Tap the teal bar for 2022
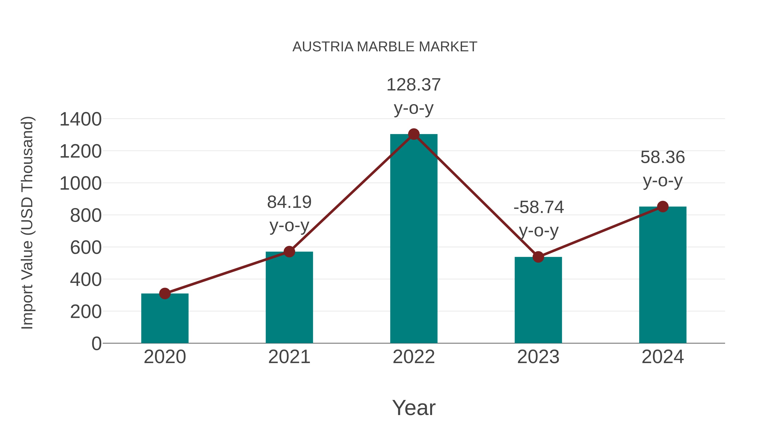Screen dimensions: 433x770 (413, 239)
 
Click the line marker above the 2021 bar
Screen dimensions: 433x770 (289, 252)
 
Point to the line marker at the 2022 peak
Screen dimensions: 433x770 (413, 134)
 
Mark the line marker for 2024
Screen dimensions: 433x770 (663, 207)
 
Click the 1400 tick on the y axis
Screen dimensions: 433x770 (80, 120)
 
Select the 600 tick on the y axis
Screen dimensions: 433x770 (86, 248)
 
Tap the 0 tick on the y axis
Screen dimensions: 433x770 (96, 344)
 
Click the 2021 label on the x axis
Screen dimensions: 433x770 (289, 357)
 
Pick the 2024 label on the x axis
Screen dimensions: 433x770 (662, 357)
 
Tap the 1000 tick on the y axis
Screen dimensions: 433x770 (80, 183)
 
